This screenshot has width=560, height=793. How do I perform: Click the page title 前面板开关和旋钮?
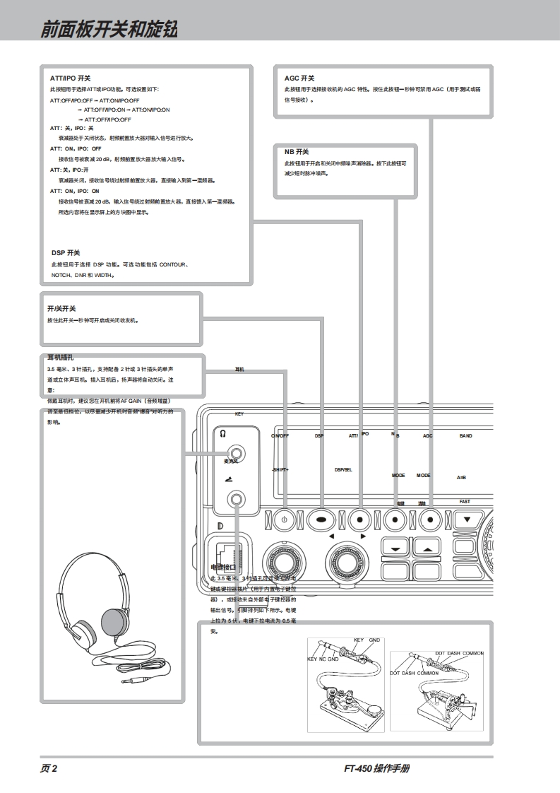click(x=109, y=30)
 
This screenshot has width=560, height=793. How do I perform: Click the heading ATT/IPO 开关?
click(x=71, y=78)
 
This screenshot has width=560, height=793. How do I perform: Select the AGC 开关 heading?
click(x=299, y=78)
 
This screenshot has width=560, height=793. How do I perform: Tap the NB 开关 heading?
click(x=297, y=152)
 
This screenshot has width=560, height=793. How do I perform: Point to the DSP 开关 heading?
click(x=66, y=253)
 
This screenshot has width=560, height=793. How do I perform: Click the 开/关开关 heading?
click(x=61, y=309)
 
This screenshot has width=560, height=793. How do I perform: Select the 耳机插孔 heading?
click(x=61, y=358)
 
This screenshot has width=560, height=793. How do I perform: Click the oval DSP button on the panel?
click(x=321, y=519)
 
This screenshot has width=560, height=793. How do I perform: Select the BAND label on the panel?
click(x=465, y=436)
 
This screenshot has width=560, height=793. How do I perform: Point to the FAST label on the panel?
click(x=465, y=501)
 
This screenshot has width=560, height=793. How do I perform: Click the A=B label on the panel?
click(x=461, y=478)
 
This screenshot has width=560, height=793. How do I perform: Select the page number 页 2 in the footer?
click(x=48, y=769)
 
